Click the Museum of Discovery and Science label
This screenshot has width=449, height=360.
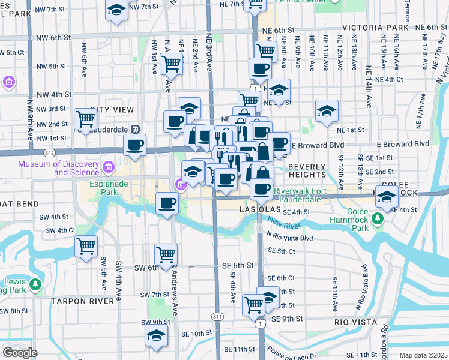pyautogui.click(x=58, y=168)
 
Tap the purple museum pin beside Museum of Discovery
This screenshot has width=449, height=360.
pyautogui.click(x=109, y=166)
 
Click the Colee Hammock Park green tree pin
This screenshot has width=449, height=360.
pyautogui.click(x=378, y=220)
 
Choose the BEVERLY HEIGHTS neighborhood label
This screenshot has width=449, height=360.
pyautogui.click(x=307, y=170)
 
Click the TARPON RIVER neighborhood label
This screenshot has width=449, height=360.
pyautogui.click(x=83, y=301)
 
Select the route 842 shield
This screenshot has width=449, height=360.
pyautogui.click(x=49, y=154)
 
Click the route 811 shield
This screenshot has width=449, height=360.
pyautogui.click(x=217, y=316)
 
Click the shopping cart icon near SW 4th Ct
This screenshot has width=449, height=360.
pyautogui.click(x=86, y=245)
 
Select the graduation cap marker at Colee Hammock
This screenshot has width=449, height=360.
pyautogui.click(x=387, y=197)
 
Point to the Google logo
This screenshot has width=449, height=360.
pyautogui.click(x=19, y=352)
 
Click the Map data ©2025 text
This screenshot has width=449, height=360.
pyautogui.click(x=423, y=355)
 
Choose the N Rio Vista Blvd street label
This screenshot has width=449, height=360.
pyautogui.click(x=291, y=238)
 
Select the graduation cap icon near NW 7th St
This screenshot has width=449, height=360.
pyautogui.click(x=116, y=10)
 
